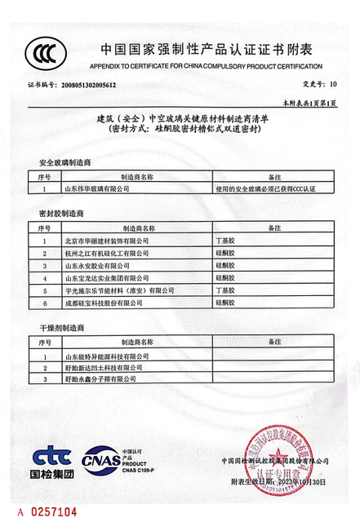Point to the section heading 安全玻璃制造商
click(64, 163)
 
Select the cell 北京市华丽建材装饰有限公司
click(106, 241)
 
